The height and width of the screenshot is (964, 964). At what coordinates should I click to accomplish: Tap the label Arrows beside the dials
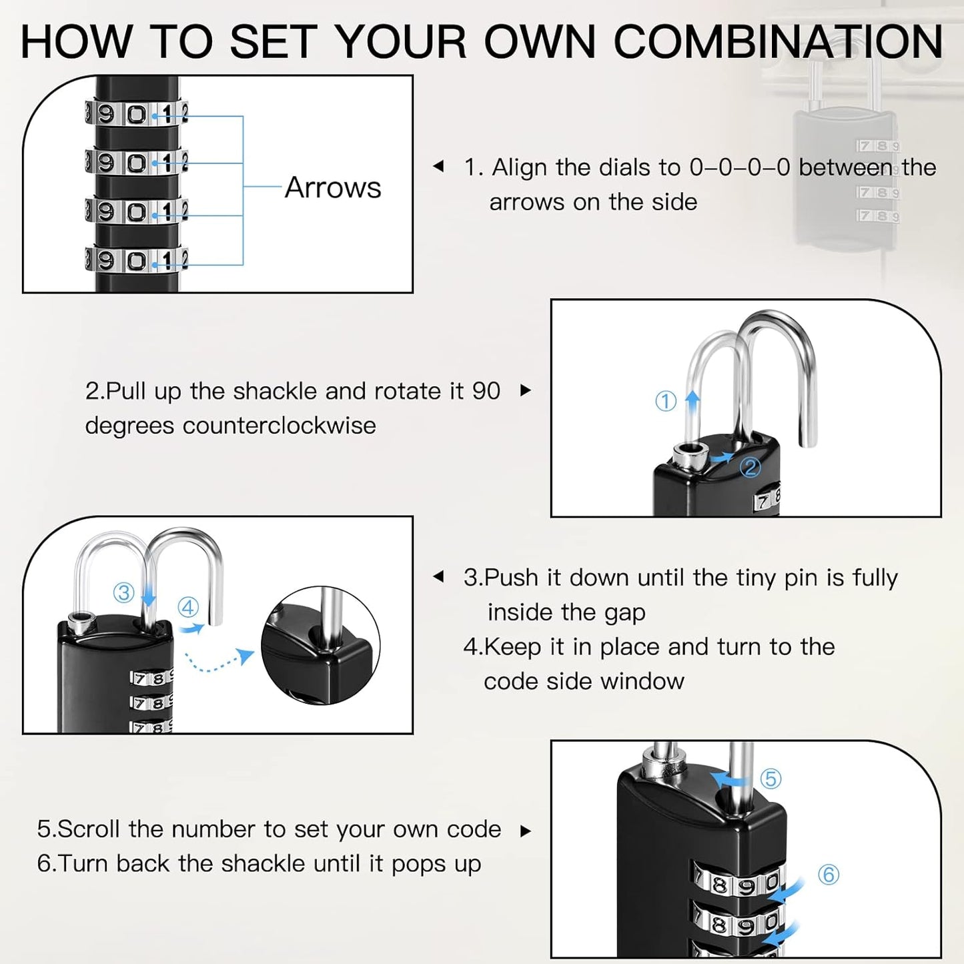333,187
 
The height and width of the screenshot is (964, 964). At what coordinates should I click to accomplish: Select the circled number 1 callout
666,401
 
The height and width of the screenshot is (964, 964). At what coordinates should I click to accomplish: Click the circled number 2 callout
751,467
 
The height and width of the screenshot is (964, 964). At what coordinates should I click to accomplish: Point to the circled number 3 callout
124,592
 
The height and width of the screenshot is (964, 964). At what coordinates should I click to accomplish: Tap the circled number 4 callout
188,607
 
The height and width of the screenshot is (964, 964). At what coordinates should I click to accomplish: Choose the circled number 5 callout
771,779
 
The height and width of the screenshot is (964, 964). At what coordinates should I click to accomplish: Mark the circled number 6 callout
829,874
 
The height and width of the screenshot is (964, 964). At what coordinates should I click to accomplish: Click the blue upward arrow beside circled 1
692,400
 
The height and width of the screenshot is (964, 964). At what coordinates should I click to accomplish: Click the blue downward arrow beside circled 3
149,594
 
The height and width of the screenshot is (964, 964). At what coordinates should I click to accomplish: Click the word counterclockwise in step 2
279,426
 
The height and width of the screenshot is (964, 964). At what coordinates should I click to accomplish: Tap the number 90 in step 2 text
486,391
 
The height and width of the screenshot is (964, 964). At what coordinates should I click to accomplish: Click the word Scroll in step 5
89,829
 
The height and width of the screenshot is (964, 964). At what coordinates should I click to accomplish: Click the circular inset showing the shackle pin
320,645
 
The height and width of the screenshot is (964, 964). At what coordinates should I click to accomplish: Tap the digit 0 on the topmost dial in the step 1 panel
137,114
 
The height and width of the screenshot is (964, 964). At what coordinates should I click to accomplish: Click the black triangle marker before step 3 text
438,576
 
